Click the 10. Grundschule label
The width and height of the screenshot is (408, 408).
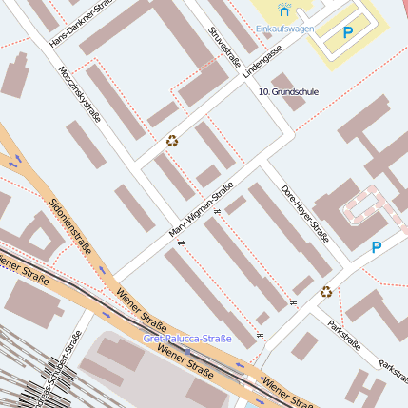[x=288, y=91]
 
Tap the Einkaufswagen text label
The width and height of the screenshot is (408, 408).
[x=284, y=29]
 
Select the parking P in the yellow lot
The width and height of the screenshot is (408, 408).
[x=347, y=32]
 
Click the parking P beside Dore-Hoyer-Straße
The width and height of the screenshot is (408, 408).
[x=377, y=247]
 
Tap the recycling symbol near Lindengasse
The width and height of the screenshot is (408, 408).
[x=172, y=141]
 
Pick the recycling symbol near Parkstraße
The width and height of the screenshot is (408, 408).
[x=326, y=292]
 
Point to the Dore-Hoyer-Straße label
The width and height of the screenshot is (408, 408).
[x=304, y=213]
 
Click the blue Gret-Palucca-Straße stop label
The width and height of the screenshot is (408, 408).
[x=187, y=338]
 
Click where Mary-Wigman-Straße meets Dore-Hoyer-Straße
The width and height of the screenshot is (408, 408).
[x=259, y=169]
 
